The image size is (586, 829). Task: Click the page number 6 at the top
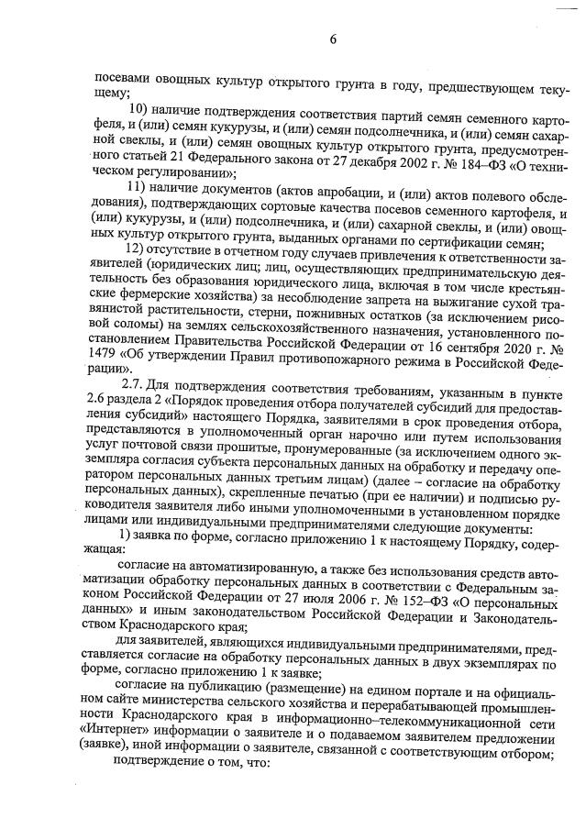click(334, 39)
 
